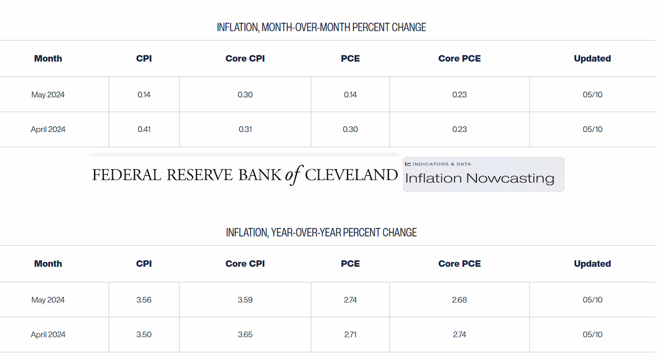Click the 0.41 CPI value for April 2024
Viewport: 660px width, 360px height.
pyautogui.click(x=144, y=129)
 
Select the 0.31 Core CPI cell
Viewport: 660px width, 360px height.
pyautogui.click(x=245, y=129)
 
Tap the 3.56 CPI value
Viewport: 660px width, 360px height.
pyautogui.click(x=144, y=300)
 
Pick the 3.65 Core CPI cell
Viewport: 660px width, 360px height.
pyautogui.click(x=245, y=334)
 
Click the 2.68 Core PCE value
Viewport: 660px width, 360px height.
pyautogui.click(x=459, y=300)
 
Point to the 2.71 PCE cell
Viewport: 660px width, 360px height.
pyautogui.click(x=350, y=334)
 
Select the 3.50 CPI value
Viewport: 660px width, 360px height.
pyautogui.click(x=144, y=334)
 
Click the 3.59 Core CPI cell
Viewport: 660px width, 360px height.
pyautogui.click(x=245, y=300)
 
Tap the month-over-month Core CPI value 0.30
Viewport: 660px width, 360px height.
pyautogui.click(x=245, y=95)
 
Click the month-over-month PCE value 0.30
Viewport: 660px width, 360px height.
pyautogui.click(x=350, y=129)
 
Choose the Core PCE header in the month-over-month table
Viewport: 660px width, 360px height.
pyautogui.click(x=459, y=58)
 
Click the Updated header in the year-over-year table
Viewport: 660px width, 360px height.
pyautogui.click(x=592, y=263)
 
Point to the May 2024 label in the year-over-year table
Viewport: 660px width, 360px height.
pyautogui.click(x=48, y=300)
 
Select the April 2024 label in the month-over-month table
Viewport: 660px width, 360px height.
pyautogui.click(x=48, y=129)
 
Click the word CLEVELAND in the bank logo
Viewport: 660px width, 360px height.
pyautogui.click(x=351, y=175)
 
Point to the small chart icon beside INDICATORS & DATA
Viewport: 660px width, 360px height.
pyautogui.click(x=408, y=164)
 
